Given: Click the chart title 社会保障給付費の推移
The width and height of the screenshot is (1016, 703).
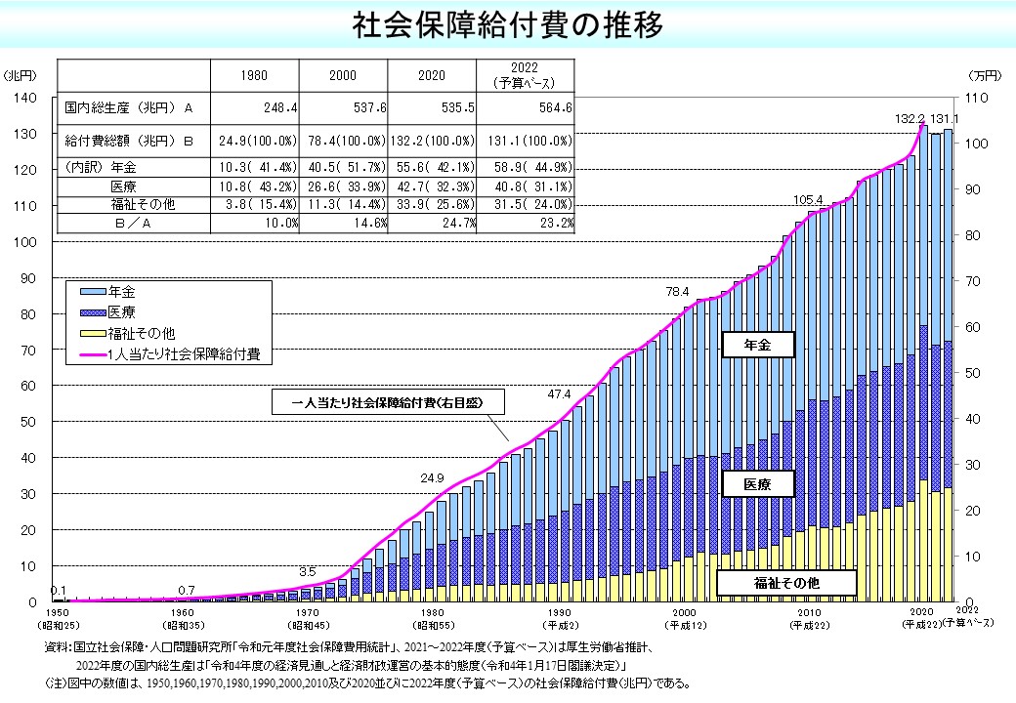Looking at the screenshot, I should pyautogui.click(x=508, y=24).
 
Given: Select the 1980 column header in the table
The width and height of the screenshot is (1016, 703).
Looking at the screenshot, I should pyautogui.click(x=254, y=75).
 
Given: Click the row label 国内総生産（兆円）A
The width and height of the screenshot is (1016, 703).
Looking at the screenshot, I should pyautogui.click(x=128, y=107).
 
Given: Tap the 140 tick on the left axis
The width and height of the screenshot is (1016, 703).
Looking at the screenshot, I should pyautogui.click(x=25, y=98).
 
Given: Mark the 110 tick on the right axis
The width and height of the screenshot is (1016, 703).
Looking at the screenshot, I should pyautogui.click(x=978, y=98).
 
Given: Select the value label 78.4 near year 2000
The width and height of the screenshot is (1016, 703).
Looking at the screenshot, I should pyautogui.click(x=677, y=291).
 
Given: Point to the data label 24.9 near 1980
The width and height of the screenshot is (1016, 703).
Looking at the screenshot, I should pyautogui.click(x=432, y=478).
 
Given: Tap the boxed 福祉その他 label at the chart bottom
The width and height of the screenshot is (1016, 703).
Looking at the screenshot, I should pyautogui.click(x=786, y=583).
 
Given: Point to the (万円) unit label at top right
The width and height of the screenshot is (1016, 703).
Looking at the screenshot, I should pyautogui.click(x=981, y=75).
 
